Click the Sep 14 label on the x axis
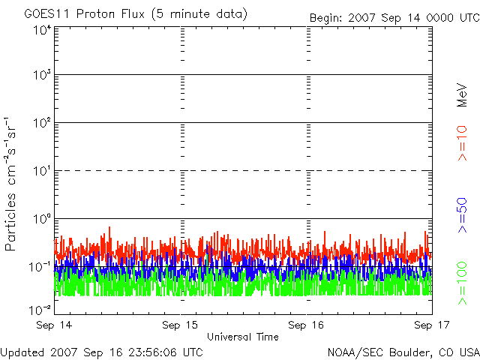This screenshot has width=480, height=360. coord(54,325)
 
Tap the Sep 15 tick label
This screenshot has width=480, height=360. coord(180,325)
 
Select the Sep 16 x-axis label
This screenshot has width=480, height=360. coord(306,325)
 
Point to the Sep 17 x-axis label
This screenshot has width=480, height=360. coord(432,325)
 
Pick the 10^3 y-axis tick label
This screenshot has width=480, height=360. coord(42,75)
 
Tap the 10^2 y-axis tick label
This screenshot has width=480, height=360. coord(42,123)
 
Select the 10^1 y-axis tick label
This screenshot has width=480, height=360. coord(42,171)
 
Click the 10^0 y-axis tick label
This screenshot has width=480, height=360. coord(42,219)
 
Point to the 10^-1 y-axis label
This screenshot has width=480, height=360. coord(40,267)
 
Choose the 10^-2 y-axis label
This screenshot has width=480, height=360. coord(40,310)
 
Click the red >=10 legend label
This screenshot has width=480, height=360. coord(462,143)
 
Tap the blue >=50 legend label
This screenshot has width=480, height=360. coord(462,215)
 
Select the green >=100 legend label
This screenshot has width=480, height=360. coord(462,283)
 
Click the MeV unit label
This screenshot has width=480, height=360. coord(462,95)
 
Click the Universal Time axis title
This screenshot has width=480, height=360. coord(243,337)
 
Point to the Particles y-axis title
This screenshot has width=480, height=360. coord(10,184)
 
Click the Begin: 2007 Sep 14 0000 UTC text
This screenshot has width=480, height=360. coord(394,18)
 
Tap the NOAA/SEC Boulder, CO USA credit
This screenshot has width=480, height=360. coord(403,352)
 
